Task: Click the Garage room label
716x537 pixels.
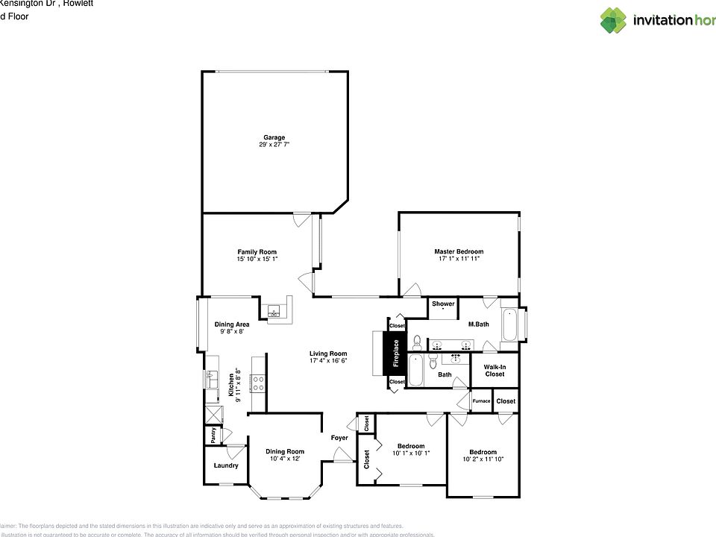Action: pos(274,137)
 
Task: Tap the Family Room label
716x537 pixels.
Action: pos(257,252)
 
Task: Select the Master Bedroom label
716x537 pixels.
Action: pos(459,252)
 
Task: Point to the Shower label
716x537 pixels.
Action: pos(443,304)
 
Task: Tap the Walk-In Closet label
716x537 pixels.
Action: pos(494,370)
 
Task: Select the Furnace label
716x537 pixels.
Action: pos(482,401)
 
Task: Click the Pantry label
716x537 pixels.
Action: pos(213,436)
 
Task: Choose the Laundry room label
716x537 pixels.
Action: pos(226,465)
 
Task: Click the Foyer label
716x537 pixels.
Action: pos(340,438)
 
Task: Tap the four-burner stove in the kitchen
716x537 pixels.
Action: pos(258,383)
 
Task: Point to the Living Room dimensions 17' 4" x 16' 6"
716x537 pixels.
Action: pos(329,360)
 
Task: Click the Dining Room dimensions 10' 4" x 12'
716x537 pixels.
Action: pos(285,459)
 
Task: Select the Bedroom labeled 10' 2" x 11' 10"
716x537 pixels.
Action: pos(483,459)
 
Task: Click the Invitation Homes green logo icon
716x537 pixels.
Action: pos(613,20)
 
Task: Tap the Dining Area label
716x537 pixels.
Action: pos(232,324)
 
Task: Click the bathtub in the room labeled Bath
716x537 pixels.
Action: pos(416,370)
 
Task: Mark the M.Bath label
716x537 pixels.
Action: pos(478,324)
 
